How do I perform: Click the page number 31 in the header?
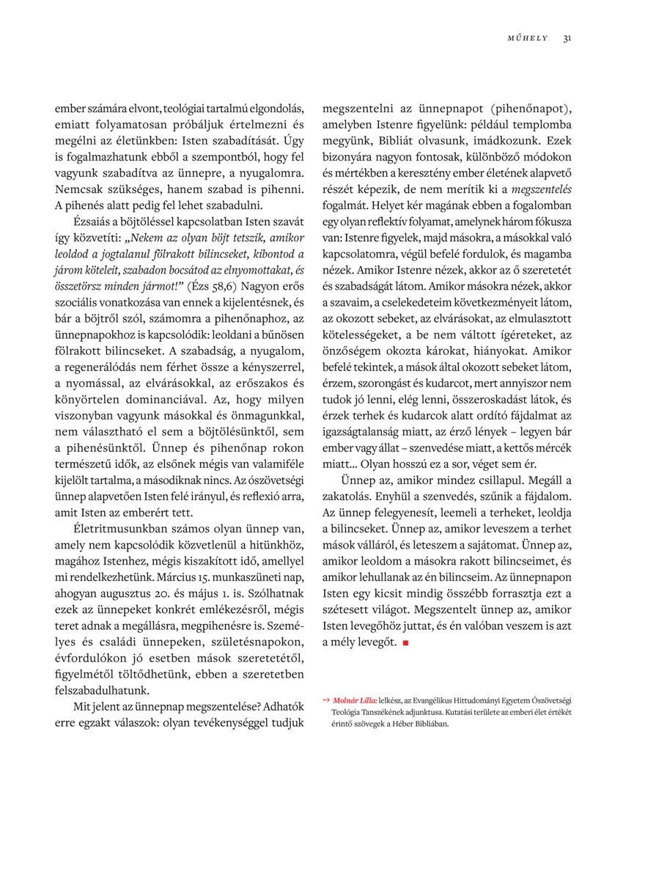[x=567, y=38]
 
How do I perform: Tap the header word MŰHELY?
[x=527, y=38]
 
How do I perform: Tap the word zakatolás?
[x=349, y=496]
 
